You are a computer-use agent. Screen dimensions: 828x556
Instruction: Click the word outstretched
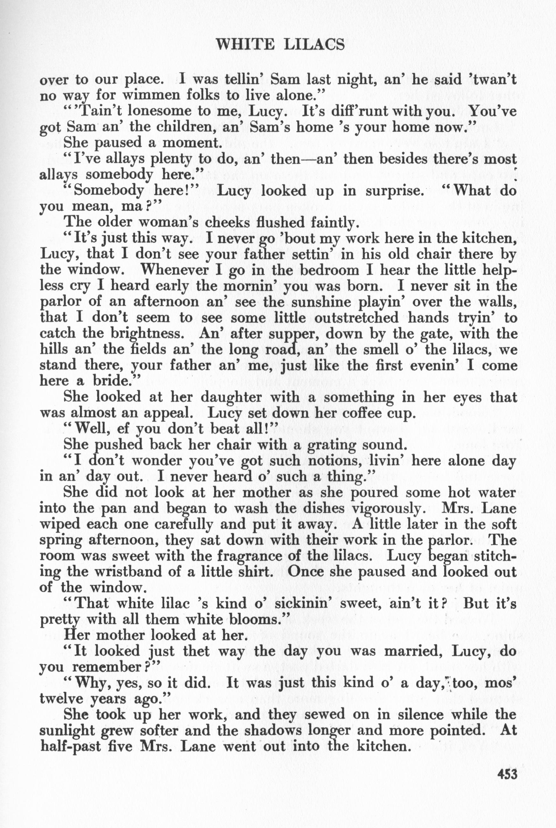pos(354,318)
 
